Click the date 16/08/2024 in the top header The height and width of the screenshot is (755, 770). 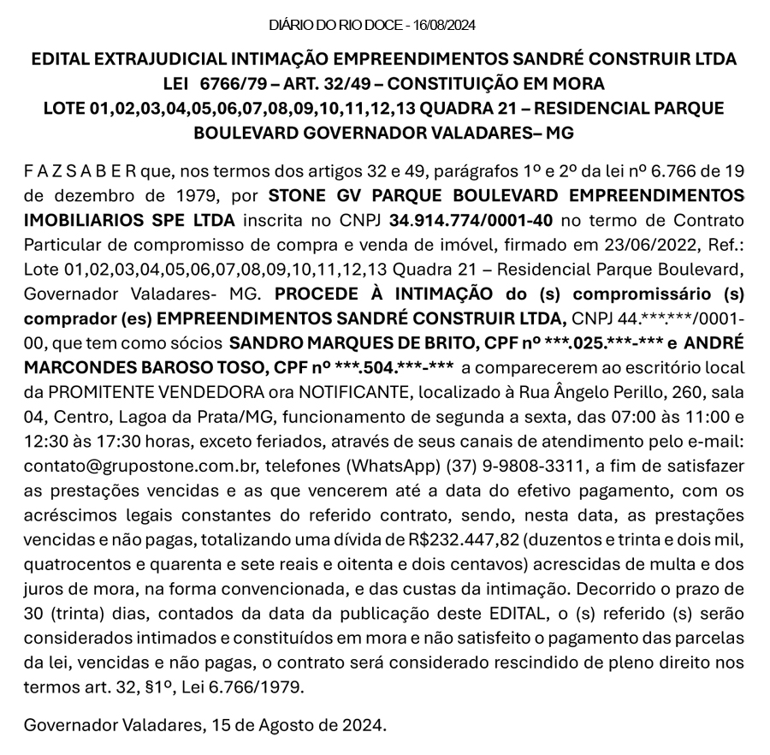[444, 26]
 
